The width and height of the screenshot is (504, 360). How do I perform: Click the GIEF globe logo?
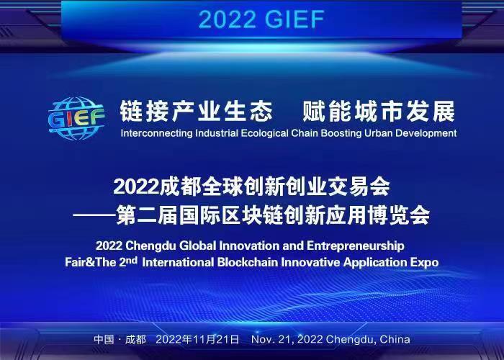(x=76, y=118)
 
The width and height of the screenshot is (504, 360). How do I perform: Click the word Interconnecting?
(x=156, y=133)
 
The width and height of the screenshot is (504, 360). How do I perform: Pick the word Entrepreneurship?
(x=355, y=246)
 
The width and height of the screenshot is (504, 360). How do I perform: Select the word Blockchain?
(x=248, y=262)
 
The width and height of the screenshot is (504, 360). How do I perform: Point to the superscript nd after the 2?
(x=132, y=260)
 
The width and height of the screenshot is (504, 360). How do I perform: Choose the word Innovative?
(x=310, y=262)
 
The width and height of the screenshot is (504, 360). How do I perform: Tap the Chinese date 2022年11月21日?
(x=197, y=340)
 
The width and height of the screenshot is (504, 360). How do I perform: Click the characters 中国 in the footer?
(x=104, y=340)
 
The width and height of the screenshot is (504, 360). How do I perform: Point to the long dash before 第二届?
(x=94, y=216)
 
